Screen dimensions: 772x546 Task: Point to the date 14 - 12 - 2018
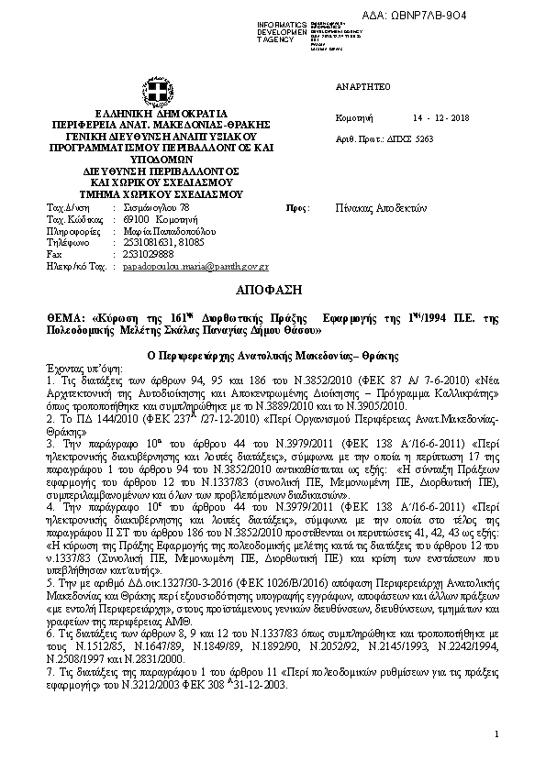[x=440, y=118]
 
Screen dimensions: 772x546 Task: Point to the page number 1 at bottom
[x=496, y=733]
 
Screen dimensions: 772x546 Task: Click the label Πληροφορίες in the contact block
[x=72, y=232]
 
